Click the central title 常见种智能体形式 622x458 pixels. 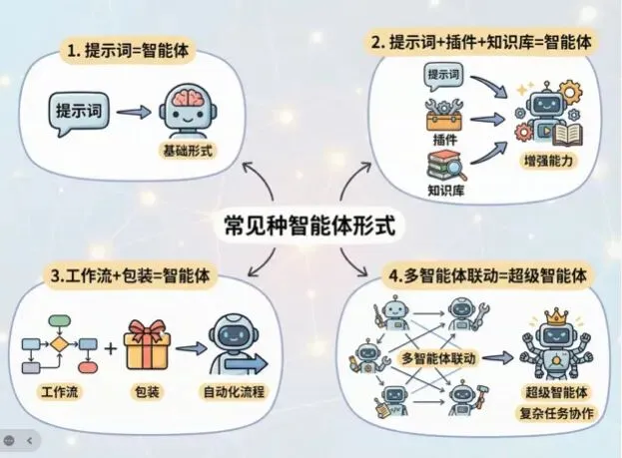coord(310,226)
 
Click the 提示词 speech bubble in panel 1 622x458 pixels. coord(77,109)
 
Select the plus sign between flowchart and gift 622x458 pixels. coord(103,349)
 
